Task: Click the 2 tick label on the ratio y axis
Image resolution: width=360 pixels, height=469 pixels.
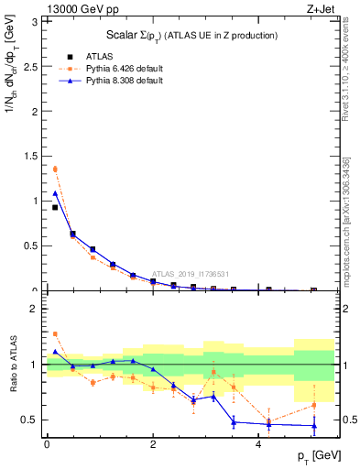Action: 38,309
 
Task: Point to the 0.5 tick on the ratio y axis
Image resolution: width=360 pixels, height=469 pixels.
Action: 34,420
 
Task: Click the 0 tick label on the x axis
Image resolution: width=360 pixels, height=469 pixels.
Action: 47,443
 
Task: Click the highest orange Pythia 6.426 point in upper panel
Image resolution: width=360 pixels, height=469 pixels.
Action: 55,169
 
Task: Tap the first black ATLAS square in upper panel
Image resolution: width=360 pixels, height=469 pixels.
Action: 55,208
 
